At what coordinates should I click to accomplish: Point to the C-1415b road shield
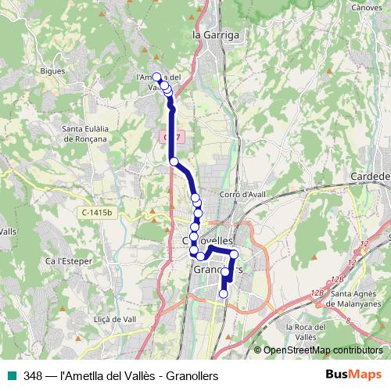tap(97, 212)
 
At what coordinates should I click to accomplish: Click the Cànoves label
tap(366, 7)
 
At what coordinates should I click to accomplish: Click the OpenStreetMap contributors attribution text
tap(323, 350)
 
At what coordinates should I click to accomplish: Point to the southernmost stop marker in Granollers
tap(224, 294)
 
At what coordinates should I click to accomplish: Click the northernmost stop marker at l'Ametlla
tap(156, 77)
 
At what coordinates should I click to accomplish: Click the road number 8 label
tap(347, 320)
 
